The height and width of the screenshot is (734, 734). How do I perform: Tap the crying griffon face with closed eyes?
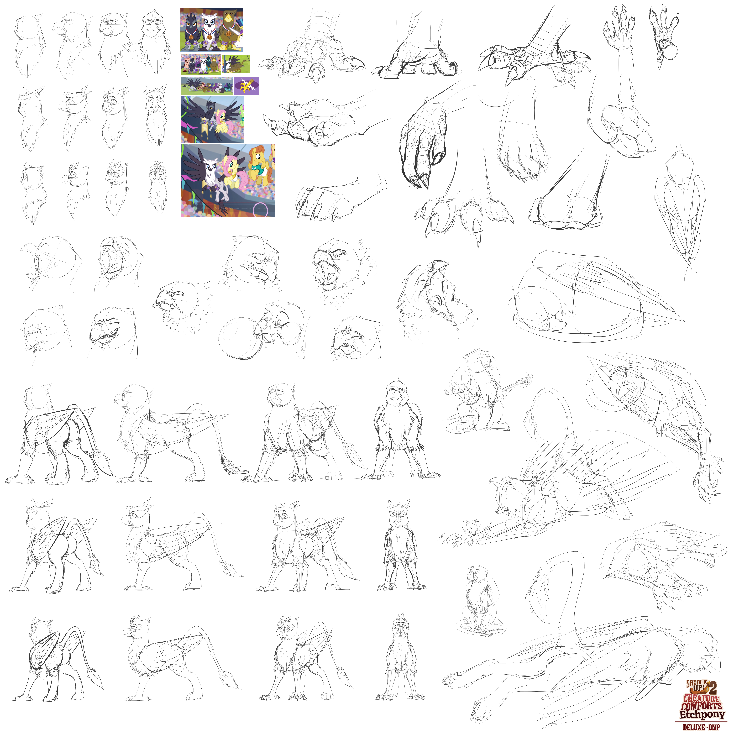(355, 338)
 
